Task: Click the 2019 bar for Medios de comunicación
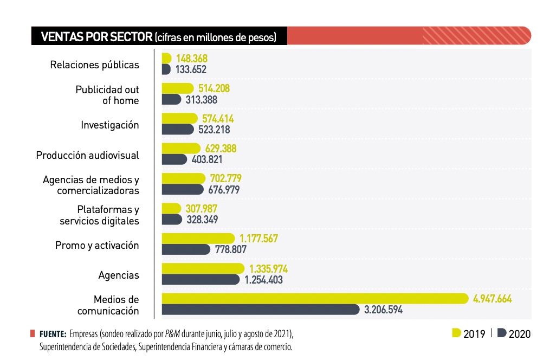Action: [314, 298]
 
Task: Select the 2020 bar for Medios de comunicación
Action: [260, 310]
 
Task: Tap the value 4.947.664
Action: [492, 299]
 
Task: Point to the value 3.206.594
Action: [383, 310]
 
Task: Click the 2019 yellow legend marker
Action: [456, 333]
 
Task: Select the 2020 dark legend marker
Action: [502, 333]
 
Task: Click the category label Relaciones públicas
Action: [94, 65]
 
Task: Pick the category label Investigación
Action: [110, 125]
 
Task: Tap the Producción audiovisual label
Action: [87, 156]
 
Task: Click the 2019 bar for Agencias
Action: [203, 268]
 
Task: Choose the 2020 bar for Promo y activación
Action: [186, 249]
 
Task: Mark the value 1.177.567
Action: [258, 239]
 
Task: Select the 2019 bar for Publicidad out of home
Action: [177, 88]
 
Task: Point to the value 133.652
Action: [191, 69]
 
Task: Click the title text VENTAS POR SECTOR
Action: [96, 37]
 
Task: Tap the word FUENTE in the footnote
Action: [53, 333]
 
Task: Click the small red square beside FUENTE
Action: [33, 333]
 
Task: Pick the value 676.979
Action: [224, 190]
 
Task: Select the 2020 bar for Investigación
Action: [177, 130]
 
